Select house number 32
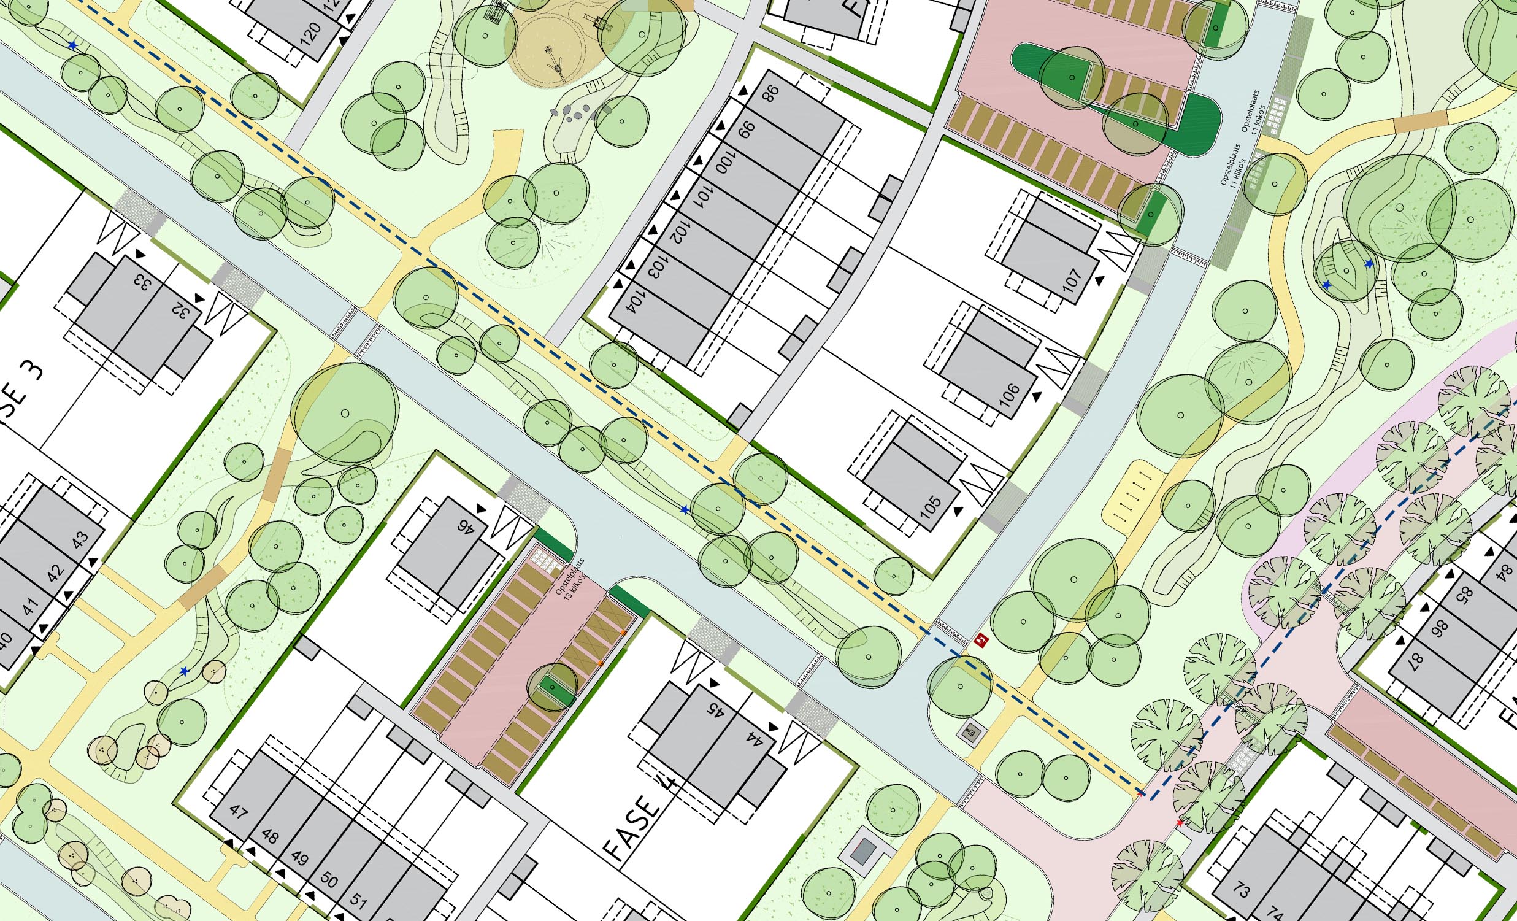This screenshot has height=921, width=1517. pos(181,311)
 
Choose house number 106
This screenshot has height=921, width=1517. pos(1009,395)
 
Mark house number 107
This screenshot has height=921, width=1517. pos(1072,280)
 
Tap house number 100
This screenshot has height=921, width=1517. pos(725,163)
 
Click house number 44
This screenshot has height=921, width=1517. pos(754,739)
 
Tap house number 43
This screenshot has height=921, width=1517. pos(80,539)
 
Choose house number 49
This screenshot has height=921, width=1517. pos(299,858)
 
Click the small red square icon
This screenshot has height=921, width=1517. pos(981,641)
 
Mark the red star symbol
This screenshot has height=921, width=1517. pos(1180,822)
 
